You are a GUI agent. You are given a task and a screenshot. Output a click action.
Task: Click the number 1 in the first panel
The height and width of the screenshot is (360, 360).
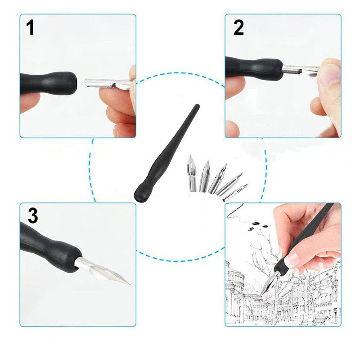click(30, 27)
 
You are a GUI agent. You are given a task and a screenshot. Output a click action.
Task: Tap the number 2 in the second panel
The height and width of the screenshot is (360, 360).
click(238, 27)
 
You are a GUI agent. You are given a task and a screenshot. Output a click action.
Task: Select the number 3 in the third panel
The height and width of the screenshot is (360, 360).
click(33, 216)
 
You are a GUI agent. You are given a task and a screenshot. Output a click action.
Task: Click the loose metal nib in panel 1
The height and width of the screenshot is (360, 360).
click(108, 83)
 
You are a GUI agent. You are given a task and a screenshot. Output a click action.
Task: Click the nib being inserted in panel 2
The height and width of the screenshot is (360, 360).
click(300, 70)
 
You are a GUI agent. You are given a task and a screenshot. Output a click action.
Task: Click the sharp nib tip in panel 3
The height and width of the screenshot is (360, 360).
click(130, 284)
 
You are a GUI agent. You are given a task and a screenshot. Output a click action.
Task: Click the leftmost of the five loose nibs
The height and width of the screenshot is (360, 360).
click(192, 174)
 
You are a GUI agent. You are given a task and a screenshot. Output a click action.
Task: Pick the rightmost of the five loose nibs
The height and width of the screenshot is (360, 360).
click(235, 193)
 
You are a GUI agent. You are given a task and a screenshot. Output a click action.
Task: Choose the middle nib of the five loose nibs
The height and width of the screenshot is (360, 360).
click(217, 178)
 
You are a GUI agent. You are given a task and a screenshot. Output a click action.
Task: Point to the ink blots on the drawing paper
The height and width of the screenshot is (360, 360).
click(258, 225)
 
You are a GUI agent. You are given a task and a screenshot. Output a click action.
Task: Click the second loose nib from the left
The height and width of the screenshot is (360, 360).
click(204, 176)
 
